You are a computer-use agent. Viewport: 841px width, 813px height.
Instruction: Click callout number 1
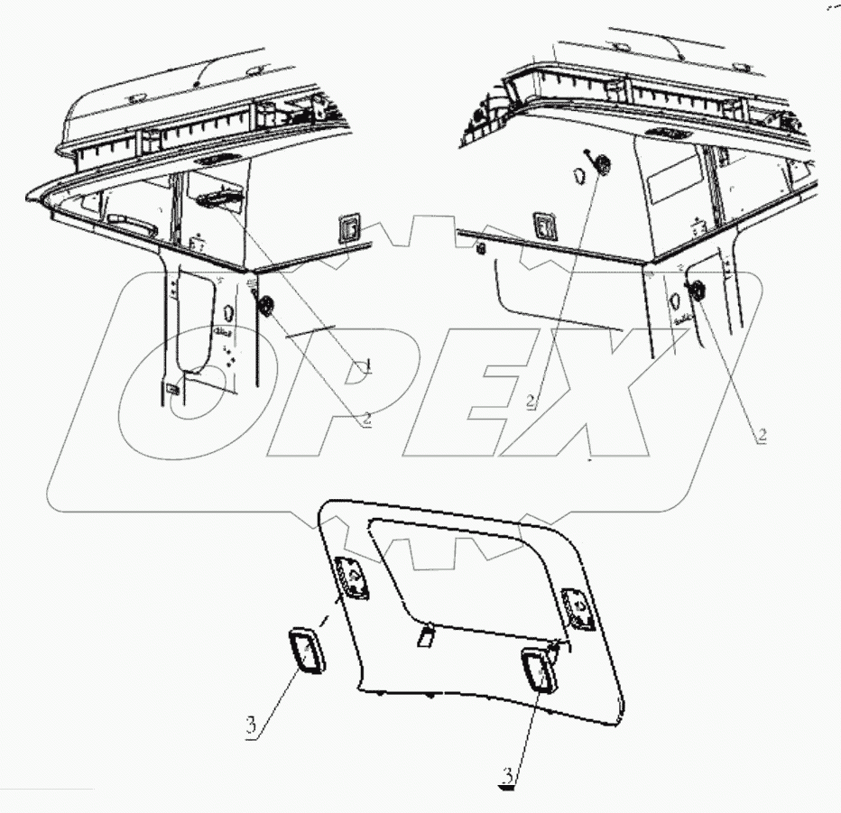(365, 367)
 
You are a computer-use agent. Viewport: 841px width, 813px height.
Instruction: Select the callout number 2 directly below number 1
(365, 418)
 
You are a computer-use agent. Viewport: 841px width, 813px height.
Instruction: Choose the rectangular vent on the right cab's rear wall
(545, 224)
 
